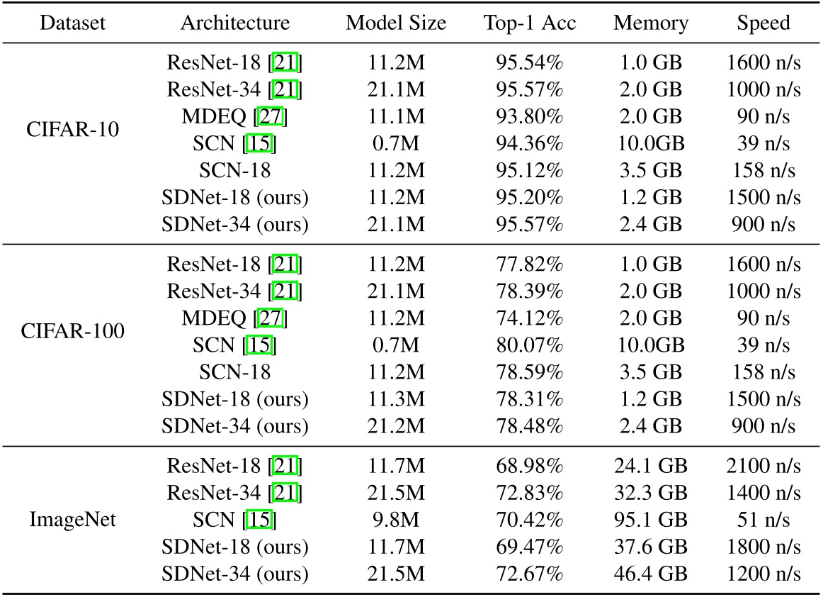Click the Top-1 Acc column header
click(530, 23)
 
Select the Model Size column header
click(396, 23)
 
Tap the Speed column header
click(764, 23)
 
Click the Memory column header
click(651, 23)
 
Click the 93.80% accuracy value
click(530, 115)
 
